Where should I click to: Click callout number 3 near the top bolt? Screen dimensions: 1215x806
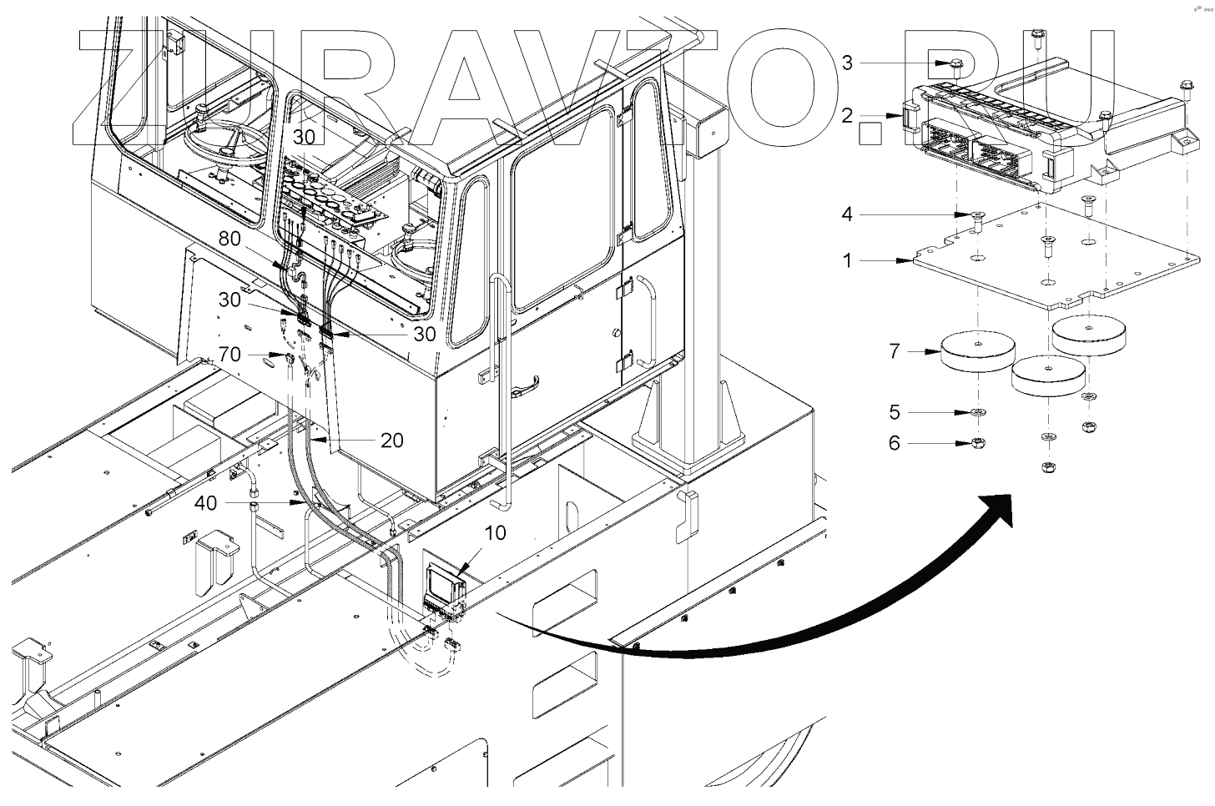847,63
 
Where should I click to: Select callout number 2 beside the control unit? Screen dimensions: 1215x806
847,115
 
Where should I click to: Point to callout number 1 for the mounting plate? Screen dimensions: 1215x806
847,261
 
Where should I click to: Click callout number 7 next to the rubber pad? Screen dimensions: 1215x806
895,351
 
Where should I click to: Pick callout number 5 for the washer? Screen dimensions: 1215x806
895,412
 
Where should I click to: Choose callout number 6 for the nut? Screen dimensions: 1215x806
895,442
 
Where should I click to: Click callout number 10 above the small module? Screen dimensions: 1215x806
495,532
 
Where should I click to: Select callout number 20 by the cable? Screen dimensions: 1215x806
391,440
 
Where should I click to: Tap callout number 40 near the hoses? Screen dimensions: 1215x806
205,503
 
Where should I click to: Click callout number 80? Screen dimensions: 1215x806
229,239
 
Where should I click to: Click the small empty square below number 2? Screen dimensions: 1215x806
870,133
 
